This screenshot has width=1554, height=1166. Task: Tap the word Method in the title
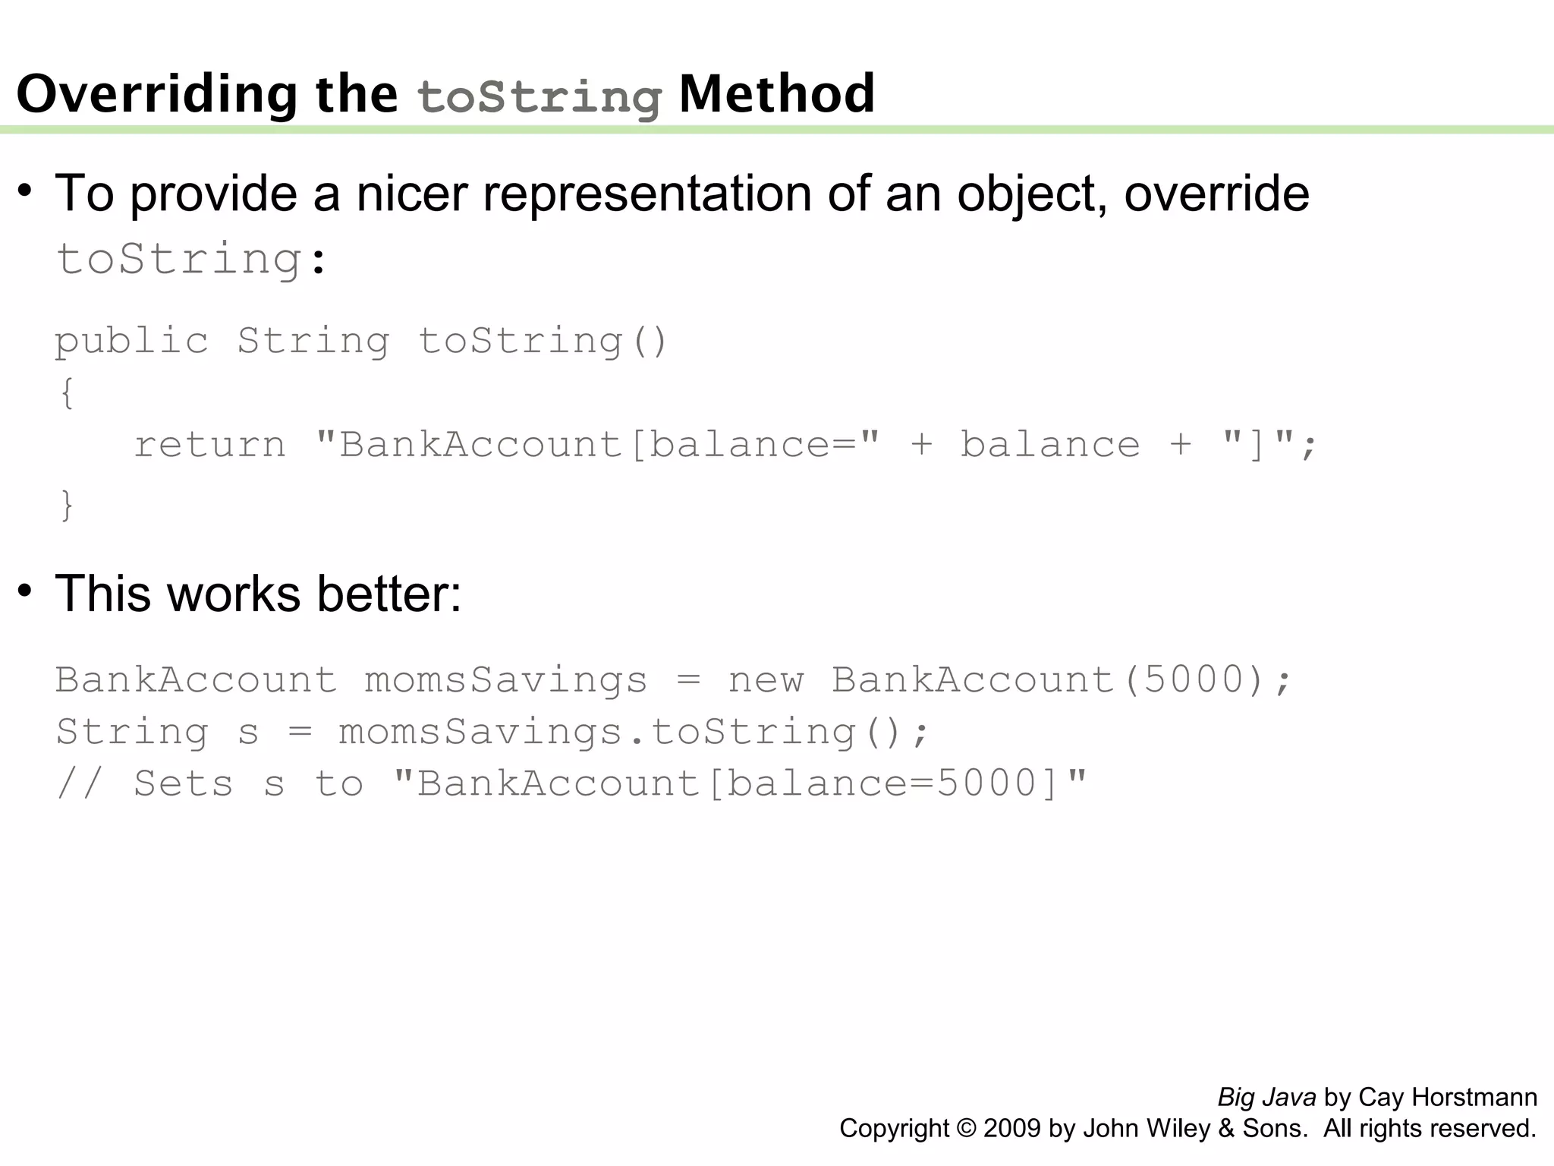pyautogui.click(x=776, y=94)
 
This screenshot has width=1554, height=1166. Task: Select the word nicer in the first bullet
pyautogui.click(x=411, y=194)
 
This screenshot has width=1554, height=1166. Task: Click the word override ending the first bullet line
pyautogui.click(x=1216, y=194)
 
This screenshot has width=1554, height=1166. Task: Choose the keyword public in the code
pyautogui.click(x=132, y=341)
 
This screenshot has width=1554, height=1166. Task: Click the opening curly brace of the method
pyautogui.click(x=68, y=393)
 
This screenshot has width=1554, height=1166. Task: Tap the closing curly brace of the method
pyautogui.click(x=68, y=505)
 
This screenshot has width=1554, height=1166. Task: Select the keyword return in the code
pyautogui.click(x=210, y=444)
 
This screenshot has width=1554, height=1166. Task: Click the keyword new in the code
pyautogui.click(x=766, y=679)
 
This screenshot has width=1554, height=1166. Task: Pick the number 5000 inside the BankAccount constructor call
pyautogui.click(x=1193, y=679)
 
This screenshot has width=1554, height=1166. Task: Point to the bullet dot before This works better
pyautogui.click(x=26, y=591)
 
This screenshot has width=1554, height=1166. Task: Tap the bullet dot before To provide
pyautogui.click(x=26, y=191)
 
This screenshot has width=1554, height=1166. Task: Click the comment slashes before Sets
pyautogui.click(x=79, y=783)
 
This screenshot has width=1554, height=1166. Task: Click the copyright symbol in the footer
pyautogui.click(x=966, y=1128)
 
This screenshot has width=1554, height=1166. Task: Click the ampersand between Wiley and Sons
pyautogui.click(x=1226, y=1128)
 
